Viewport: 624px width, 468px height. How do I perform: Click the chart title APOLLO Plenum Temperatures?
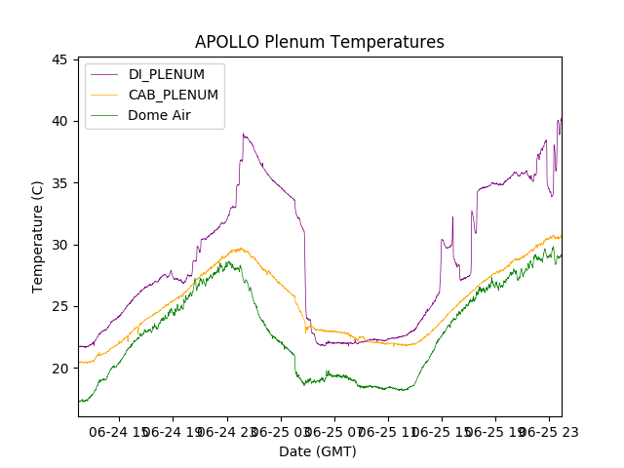coord(319,42)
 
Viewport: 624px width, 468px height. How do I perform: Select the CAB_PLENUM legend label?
coord(174,95)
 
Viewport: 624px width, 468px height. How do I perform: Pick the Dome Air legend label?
coord(160,115)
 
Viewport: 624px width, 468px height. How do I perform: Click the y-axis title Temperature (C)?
coord(38,236)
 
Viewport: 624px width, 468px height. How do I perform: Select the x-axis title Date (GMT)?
coord(318,451)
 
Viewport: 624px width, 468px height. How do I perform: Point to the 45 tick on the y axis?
coord(59,59)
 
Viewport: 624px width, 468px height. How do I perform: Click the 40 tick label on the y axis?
coord(59,121)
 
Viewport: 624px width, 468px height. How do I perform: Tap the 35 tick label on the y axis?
coord(59,183)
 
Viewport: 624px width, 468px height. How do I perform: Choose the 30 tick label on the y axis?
coord(59,245)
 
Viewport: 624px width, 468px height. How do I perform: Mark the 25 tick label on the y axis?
coord(59,306)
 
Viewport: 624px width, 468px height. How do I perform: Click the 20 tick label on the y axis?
coord(59,369)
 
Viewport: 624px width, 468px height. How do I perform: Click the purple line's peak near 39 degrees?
coord(243,135)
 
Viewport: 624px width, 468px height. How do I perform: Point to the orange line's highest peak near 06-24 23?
coord(240,249)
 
